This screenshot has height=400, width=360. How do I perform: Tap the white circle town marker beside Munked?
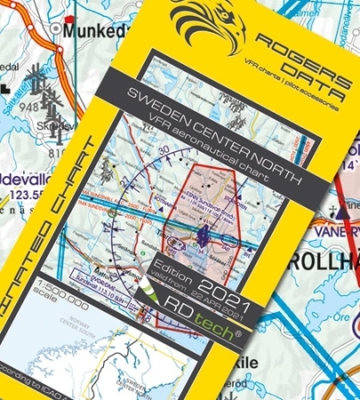[x=57, y=29]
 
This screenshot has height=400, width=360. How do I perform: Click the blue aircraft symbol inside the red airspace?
[x=204, y=236]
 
